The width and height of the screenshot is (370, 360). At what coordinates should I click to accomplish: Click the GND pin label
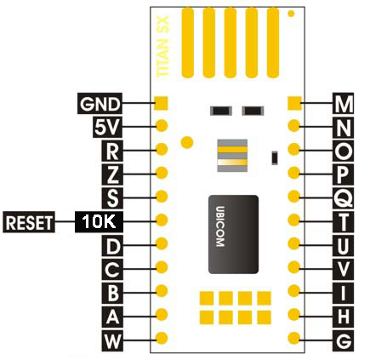(100, 104)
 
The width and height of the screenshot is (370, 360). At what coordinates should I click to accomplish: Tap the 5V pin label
(107, 127)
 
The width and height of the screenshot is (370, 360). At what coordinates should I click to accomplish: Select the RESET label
(29, 222)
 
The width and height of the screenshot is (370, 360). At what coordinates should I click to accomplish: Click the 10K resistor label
(99, 221)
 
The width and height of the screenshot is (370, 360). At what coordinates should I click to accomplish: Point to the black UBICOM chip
(233, 234)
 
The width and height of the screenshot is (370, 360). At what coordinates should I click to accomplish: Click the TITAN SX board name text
(163, 47)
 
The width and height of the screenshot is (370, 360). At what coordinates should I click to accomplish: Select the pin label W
(112, 341)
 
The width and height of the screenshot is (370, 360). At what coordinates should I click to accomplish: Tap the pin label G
(344, 341)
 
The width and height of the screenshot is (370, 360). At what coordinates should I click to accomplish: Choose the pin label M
(344, 103)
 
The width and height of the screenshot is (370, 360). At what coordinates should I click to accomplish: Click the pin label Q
(344, 198)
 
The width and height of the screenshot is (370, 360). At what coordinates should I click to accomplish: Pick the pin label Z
(112, 174)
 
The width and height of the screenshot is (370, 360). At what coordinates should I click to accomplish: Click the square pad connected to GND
(161, 103)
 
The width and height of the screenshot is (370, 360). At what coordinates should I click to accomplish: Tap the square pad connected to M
(294, 103)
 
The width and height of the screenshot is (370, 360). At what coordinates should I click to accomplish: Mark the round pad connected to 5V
(162, 125)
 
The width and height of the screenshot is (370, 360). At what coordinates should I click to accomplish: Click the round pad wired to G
(293, 338)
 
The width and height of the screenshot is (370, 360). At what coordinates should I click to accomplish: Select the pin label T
(344, 222)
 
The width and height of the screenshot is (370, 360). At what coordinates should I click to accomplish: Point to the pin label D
(112, 246)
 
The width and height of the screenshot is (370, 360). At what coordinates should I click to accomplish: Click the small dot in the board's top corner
(291, 14)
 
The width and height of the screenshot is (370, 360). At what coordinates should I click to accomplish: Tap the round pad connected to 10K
(162, 220)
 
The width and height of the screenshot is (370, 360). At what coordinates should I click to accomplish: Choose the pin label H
(344, 317)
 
